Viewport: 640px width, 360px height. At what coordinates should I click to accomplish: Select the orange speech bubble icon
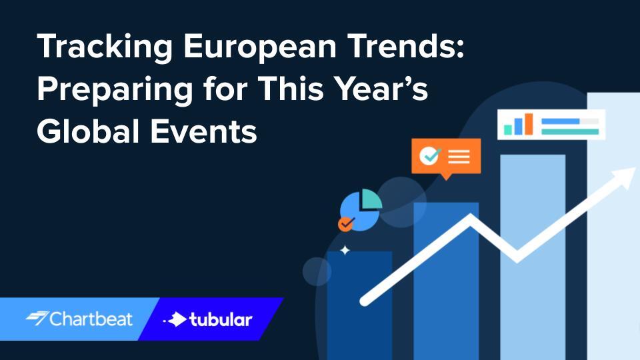click(445, 157)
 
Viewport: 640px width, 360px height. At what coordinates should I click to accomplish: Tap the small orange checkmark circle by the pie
click(345, 224)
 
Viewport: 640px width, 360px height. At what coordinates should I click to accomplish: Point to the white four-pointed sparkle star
click(345, 251)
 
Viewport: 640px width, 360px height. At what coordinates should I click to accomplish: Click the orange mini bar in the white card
click(528, 124)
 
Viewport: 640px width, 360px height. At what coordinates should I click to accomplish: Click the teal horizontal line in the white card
click(570, 131)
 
